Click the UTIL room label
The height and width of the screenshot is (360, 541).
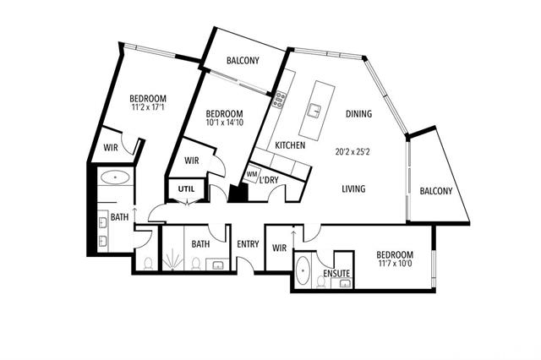186,189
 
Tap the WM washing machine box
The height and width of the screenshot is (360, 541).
252,174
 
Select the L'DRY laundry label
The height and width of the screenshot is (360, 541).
269,180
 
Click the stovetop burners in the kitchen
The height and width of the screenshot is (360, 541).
279,100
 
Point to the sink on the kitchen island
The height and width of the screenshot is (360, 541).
314,110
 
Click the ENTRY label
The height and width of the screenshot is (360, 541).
248,244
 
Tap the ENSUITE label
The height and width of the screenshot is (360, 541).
336,274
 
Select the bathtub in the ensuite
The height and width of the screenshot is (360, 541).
303,270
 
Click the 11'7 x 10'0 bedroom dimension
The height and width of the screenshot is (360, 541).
395,264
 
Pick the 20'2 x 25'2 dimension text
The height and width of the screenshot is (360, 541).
352,152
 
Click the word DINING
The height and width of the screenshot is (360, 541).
358,113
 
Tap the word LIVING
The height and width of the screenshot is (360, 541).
353,189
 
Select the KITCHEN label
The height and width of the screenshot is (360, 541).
290,145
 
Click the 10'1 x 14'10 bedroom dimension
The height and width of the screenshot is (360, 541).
225,122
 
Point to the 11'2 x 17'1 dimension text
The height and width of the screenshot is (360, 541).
148,106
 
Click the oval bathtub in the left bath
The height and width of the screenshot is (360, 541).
115,177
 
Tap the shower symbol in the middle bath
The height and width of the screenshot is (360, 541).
172,260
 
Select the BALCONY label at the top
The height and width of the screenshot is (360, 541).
243,61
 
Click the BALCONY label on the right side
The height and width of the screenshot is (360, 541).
436,191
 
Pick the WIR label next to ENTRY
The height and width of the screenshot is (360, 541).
279,248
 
